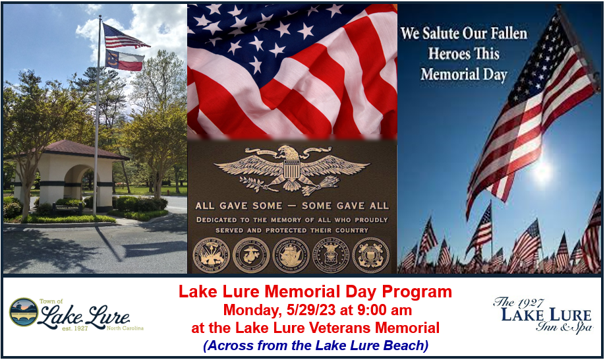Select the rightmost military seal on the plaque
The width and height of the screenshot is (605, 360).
(370, 255)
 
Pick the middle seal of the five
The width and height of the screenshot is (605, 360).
(291, 255)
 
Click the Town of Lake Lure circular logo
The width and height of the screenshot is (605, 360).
(23, 311)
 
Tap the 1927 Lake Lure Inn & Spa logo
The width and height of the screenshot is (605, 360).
(542, 315)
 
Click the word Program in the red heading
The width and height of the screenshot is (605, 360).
(418, 291)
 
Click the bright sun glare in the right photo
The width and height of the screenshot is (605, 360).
(543, 173)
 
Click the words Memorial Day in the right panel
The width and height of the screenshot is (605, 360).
(464, 74)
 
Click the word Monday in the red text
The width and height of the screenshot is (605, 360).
(248, 309)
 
